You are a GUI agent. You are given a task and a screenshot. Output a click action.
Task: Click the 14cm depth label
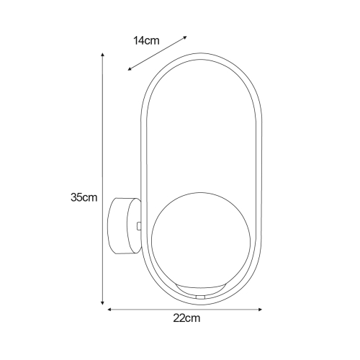tap(146, 40)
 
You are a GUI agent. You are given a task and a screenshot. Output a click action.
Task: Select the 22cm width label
tap(187, 318)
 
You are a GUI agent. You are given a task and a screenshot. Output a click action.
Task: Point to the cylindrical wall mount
tap(124, 225)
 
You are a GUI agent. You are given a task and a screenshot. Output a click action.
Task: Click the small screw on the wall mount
tap(138, 225)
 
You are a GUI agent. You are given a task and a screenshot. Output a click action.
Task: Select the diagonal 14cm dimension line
tap(157, 53)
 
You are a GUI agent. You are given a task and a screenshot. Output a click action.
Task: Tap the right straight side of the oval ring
tap(261, 180)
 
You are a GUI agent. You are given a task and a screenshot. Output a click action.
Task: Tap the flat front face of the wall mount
tap(135, 225)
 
